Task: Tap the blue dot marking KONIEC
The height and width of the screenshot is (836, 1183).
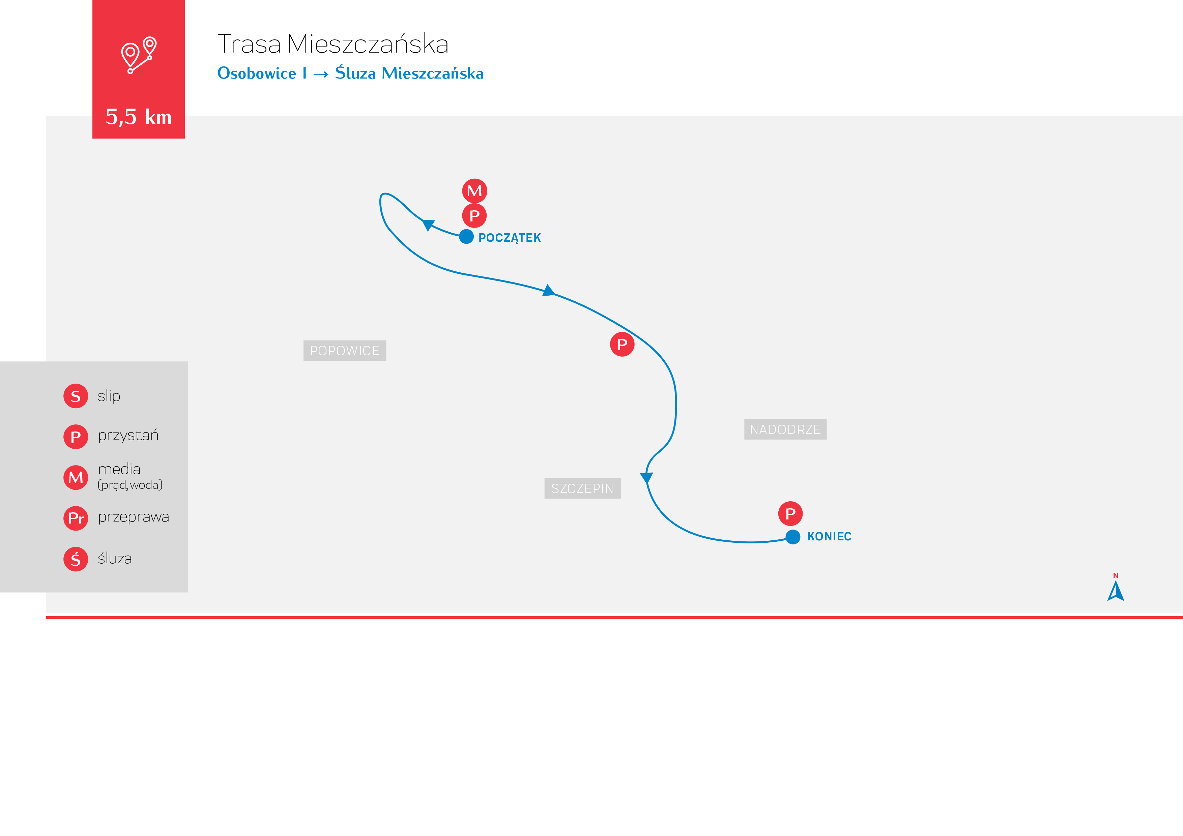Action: [793, 537]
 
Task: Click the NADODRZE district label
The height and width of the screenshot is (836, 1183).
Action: [785, 429]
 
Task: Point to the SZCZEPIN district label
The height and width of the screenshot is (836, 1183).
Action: [582, 488]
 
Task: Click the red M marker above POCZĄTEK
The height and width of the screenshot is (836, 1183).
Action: [474, 191]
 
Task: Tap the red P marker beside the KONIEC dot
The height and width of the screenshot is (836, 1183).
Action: [790, 513]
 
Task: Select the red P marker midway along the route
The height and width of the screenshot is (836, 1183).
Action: [622, 344]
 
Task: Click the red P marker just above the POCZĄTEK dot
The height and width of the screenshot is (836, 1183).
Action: [474, 215]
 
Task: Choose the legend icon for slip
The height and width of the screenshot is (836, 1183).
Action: [76, 396]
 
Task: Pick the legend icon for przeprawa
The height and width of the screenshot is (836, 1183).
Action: [76, 518]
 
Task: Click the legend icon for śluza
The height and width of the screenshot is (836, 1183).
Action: [76, 559]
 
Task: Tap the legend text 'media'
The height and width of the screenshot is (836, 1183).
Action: [119, 469]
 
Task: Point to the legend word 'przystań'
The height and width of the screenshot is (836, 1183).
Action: [128, 436]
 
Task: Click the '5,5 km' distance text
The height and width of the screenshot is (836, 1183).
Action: [138, 117]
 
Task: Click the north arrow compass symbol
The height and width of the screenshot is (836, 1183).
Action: [1116, 590]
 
